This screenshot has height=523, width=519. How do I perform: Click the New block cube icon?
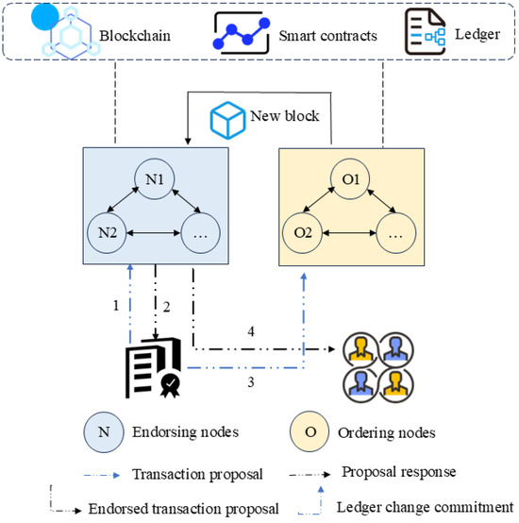pos(227,120)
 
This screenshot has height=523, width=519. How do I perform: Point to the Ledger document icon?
pos(425,32)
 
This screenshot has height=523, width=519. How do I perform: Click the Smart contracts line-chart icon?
pos(242,33)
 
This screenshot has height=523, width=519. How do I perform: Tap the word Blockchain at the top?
pos(135,36)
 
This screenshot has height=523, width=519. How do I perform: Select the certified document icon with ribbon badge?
pos(153,367)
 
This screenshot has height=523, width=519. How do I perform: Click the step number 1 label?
pos(116,305)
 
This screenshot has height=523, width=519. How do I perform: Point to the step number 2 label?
pos(166,307)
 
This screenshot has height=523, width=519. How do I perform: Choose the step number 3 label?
pos(251,382)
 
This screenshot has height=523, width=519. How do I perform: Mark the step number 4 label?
pos(251,331)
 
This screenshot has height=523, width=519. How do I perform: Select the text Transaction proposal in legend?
pos(197,474)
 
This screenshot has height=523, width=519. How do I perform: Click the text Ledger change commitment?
pos(425,507)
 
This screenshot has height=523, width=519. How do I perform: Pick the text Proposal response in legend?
pos(398,472)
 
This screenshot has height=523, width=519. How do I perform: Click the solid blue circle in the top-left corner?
pos(45,17)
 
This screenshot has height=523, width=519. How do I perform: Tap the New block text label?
pos(285,116)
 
